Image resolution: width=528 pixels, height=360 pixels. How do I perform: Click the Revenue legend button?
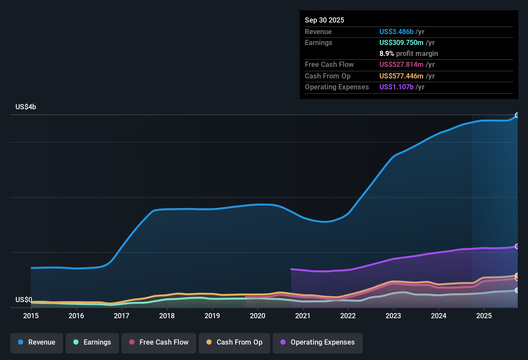37,342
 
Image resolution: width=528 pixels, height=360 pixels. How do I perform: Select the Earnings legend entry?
92,342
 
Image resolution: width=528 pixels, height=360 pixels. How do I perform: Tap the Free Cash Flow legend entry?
159,342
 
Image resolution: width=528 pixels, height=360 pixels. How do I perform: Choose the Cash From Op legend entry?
234,342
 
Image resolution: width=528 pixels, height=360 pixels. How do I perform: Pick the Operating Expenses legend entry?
318,342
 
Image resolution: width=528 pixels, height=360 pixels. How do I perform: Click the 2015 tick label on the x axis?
31,316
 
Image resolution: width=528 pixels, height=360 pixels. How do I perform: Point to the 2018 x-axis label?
167,316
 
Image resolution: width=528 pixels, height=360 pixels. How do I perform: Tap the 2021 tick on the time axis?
303,316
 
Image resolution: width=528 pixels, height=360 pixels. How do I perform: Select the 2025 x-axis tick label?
484,316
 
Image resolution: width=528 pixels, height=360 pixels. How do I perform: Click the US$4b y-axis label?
26,107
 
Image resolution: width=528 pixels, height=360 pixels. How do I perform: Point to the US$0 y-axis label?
24,300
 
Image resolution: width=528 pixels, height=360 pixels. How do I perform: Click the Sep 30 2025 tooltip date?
324,20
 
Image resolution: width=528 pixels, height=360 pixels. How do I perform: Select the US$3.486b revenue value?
396,32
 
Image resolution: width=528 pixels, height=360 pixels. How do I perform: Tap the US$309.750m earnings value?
401,43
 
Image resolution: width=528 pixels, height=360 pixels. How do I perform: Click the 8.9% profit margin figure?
387,54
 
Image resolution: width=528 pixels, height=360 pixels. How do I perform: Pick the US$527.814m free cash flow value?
401,65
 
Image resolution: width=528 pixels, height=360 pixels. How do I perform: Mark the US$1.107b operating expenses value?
396,87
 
